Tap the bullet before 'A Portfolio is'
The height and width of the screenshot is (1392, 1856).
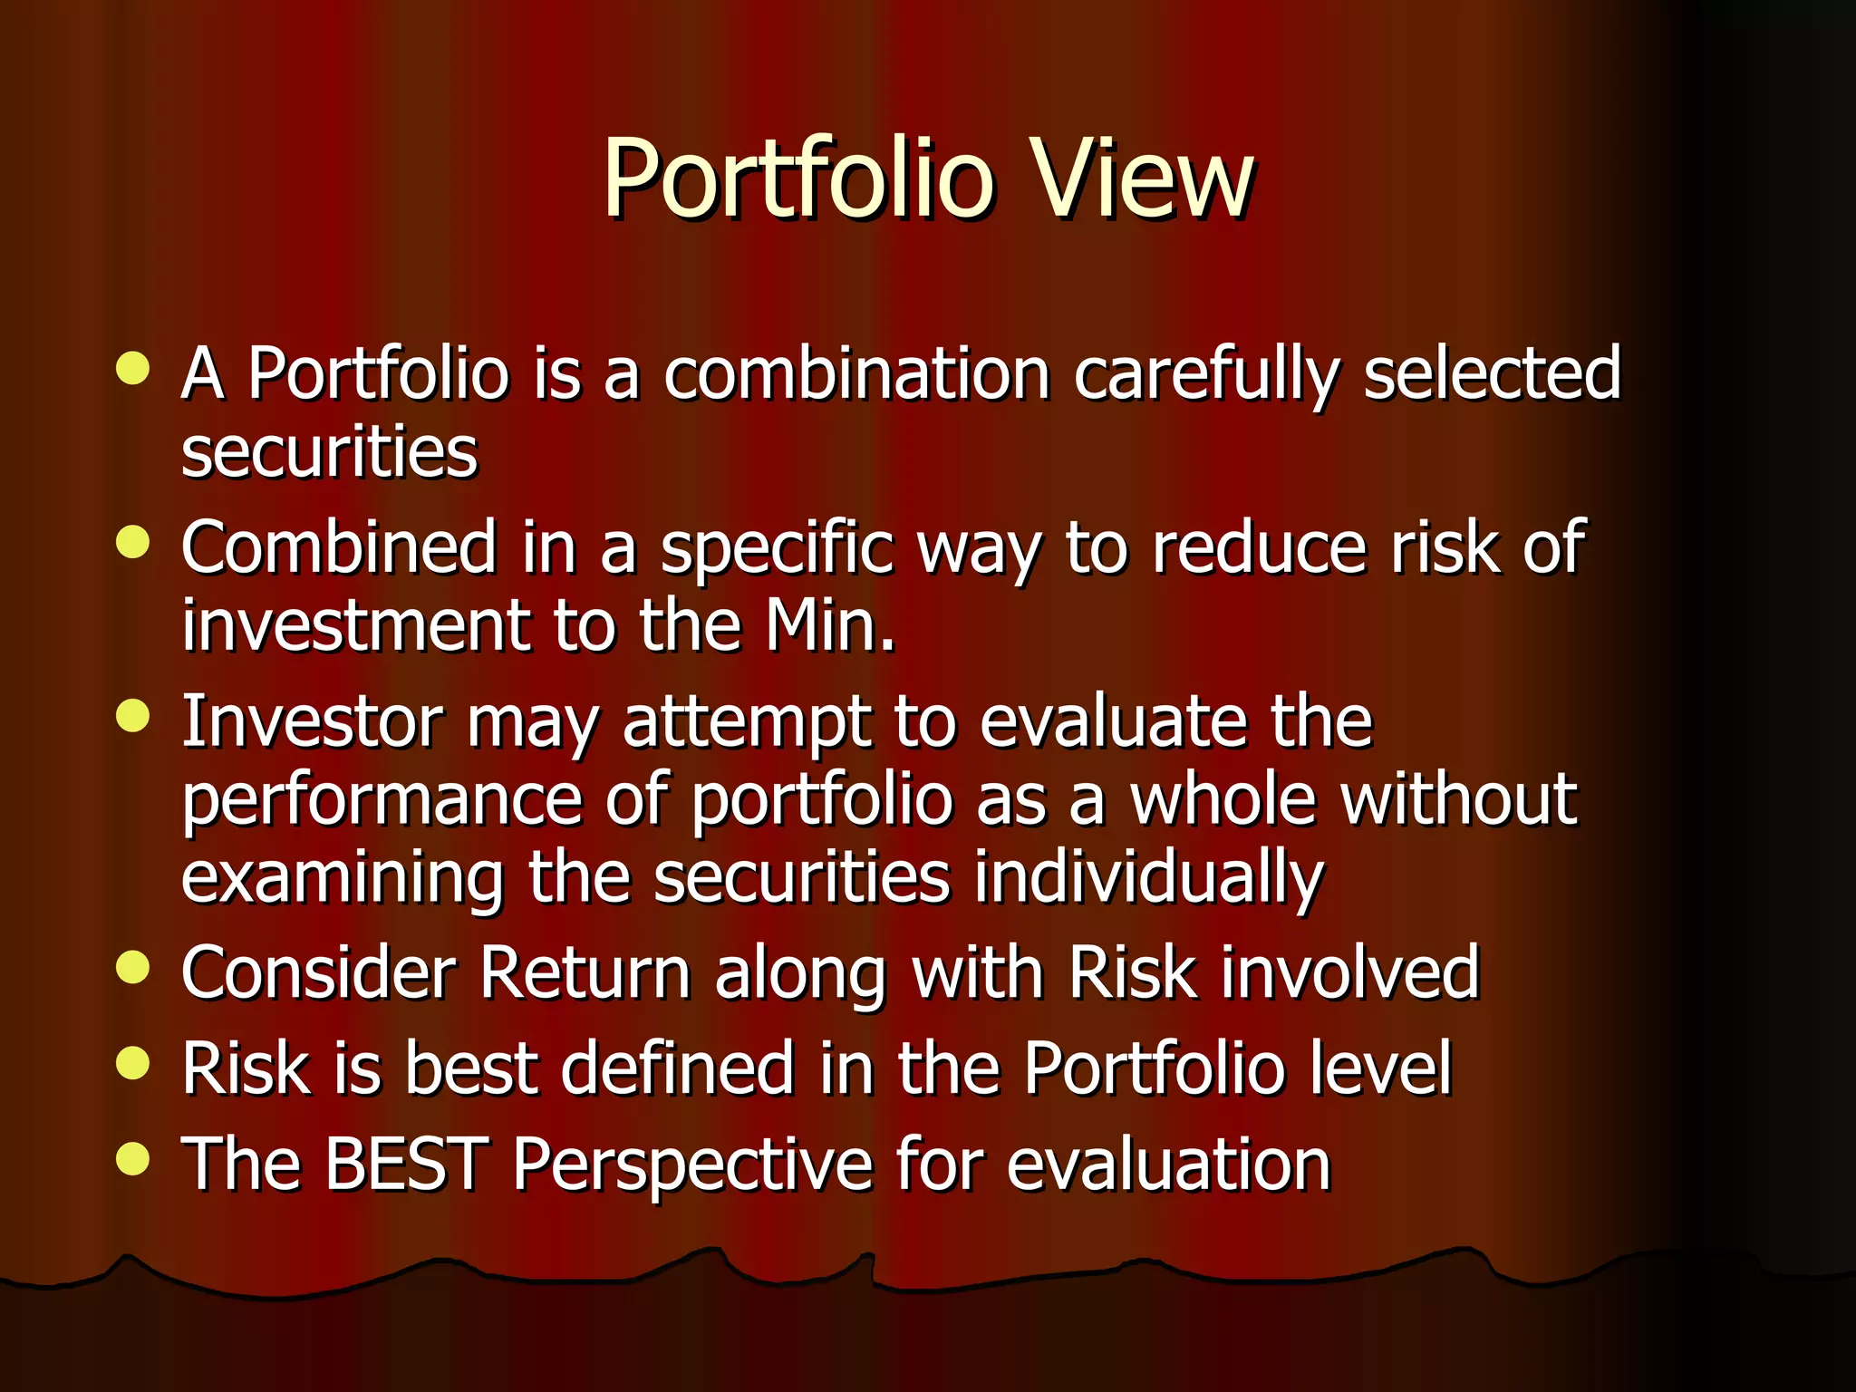pyautogui.click(x=133, y=369)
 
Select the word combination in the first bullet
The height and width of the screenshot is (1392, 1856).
pyautogui.click(x=856, y=373)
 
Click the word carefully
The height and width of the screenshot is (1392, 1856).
pyautogui.click(x=1206, y=373)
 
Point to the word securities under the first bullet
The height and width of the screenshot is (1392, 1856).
pyautogui.click(x=329, y=452)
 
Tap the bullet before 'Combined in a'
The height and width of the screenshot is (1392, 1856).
pyautogui.click(x=133, y=543)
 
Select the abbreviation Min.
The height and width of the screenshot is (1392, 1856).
pyautogui.click(x=829, y=626)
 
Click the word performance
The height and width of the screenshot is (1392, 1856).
pyautogui.click(x=382, y=801)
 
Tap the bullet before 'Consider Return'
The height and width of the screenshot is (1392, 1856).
pyautogui.click(x=133, y=967)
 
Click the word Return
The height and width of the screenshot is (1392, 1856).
pyautogui.click(x=585, y=972)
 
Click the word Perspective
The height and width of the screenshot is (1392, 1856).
pyautogui.click(x=692, y=1166)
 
